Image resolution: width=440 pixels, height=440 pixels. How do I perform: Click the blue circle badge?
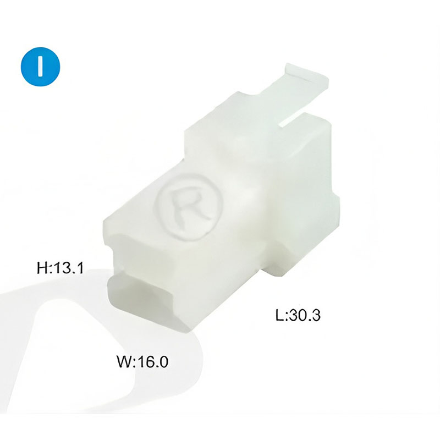tap(40, 66)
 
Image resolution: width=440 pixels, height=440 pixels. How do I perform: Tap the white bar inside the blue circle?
tap(41, 66)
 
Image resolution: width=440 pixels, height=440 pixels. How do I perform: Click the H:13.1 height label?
tap(60, 268)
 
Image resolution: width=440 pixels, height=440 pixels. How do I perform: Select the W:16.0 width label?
tap(142, 362)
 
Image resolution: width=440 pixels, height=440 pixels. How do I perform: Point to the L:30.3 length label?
tap(298, 315)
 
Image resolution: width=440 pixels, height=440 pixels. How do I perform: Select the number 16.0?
tap(153, 362)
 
